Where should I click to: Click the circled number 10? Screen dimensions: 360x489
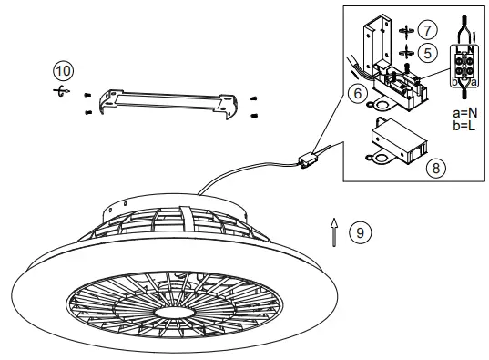pyautogui.click(x=60, y=70)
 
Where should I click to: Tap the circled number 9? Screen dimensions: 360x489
pyautogui.click(x=362, y=233)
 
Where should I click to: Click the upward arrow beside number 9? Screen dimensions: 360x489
pyautogui.click(x=334, y=232)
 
